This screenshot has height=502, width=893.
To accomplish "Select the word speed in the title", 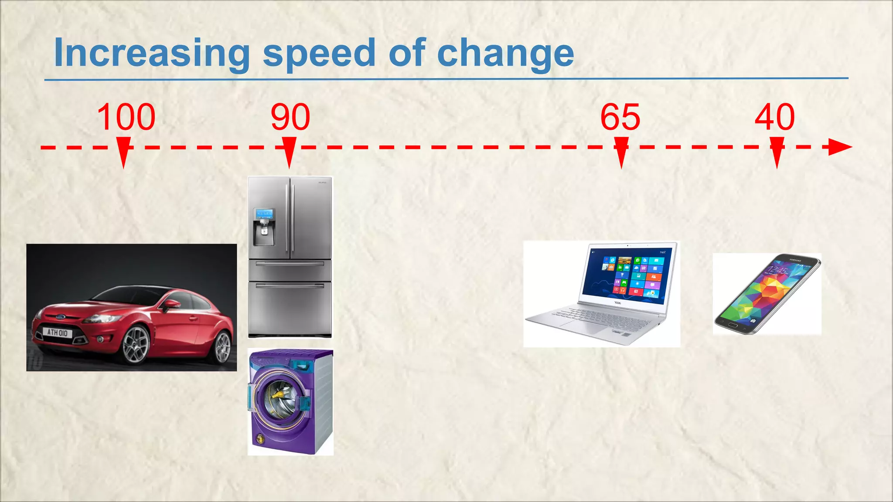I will pos(319,53).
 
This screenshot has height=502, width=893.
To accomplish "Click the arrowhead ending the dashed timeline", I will pos(839,147).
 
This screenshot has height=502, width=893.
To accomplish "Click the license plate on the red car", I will pos(58,332).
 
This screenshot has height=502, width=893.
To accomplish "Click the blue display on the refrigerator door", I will pos(265,214).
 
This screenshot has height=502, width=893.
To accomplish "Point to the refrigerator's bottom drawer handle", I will pos(290,286).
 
